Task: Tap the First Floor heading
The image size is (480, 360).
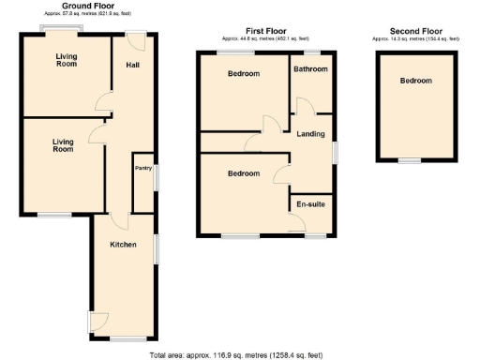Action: [x=266, y=31]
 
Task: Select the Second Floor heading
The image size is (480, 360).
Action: [x=415, y=31]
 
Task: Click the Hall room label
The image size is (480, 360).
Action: [x=133, y=64]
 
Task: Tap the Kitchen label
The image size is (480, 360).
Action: [x=123, y=245]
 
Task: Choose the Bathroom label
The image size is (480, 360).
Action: [x=309, y=69]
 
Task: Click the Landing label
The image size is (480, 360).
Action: [x=310, y=134]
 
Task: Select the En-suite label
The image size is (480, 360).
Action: [x=310, y=203]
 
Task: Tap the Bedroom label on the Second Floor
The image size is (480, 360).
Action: [x=415, y=82]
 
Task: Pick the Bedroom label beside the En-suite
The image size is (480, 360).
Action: [x=243, y=173]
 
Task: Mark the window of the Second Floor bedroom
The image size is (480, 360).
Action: [x=409, y=161]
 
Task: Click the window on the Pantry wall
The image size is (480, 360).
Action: [x=156, y=176]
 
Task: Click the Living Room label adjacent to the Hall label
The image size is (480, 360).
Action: [x=65, y=60]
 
